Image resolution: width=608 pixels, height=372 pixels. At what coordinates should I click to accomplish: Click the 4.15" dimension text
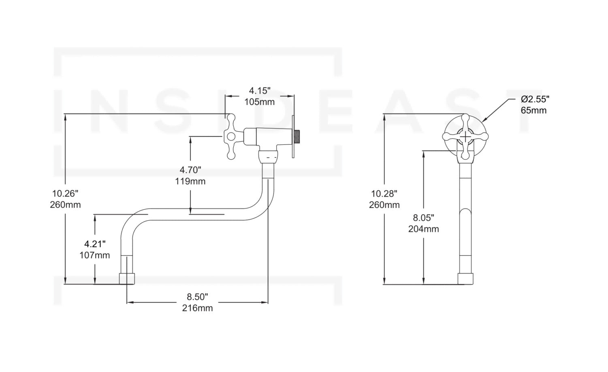tap(259, 90)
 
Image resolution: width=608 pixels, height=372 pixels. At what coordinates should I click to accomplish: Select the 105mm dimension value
tap(259, 102)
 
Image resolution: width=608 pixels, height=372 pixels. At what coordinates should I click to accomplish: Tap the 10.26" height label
tap(65, 193)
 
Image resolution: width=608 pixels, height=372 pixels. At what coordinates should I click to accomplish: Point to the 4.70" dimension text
tap(190, 169)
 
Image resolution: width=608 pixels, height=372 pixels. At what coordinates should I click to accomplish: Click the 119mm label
tap(190, 181)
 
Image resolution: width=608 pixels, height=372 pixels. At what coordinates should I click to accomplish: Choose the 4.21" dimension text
tap(95, 244)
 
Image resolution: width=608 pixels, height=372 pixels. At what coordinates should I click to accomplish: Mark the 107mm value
tap(95, 255)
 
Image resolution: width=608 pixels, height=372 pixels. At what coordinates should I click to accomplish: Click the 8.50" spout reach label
tap(197, 297)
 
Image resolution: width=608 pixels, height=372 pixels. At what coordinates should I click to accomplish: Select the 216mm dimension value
tap(197, 308)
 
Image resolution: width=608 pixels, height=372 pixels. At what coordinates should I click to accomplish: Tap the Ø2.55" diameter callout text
tap(535, 99)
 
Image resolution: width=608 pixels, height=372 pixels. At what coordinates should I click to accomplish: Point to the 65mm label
tap(533, 110)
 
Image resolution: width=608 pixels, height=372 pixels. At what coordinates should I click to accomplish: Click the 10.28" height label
tap(384, 193)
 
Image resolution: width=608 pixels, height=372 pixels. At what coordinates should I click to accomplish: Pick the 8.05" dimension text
tap(424, 217)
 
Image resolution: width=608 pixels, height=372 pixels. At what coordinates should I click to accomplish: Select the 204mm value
tap(424, 229)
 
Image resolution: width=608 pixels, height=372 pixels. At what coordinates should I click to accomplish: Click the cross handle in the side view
tap(233, 136)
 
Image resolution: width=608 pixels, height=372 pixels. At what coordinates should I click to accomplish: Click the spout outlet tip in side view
tap(127, 278)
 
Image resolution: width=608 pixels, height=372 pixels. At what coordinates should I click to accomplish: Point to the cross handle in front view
tap(466, 137)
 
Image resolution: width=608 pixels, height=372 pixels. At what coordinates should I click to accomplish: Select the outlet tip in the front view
tap(466, 278)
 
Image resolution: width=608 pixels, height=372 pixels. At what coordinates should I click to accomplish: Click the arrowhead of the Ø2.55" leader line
tap(483, 120)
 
